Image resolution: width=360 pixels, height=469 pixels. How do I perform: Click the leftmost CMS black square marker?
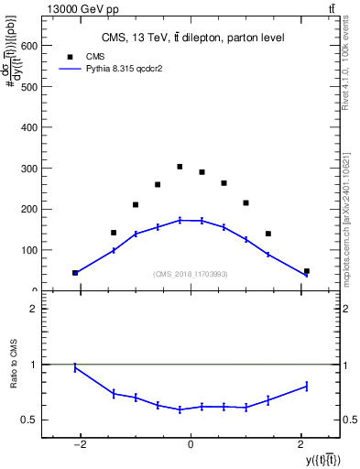(75, 272)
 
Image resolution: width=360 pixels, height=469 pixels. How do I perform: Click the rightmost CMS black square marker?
(306, 271)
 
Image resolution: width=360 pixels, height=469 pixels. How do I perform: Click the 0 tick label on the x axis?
(191, 445)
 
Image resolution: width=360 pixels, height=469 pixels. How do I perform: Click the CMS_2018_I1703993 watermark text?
(191, 274)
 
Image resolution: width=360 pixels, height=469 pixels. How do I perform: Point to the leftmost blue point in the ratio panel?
(75, 367)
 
